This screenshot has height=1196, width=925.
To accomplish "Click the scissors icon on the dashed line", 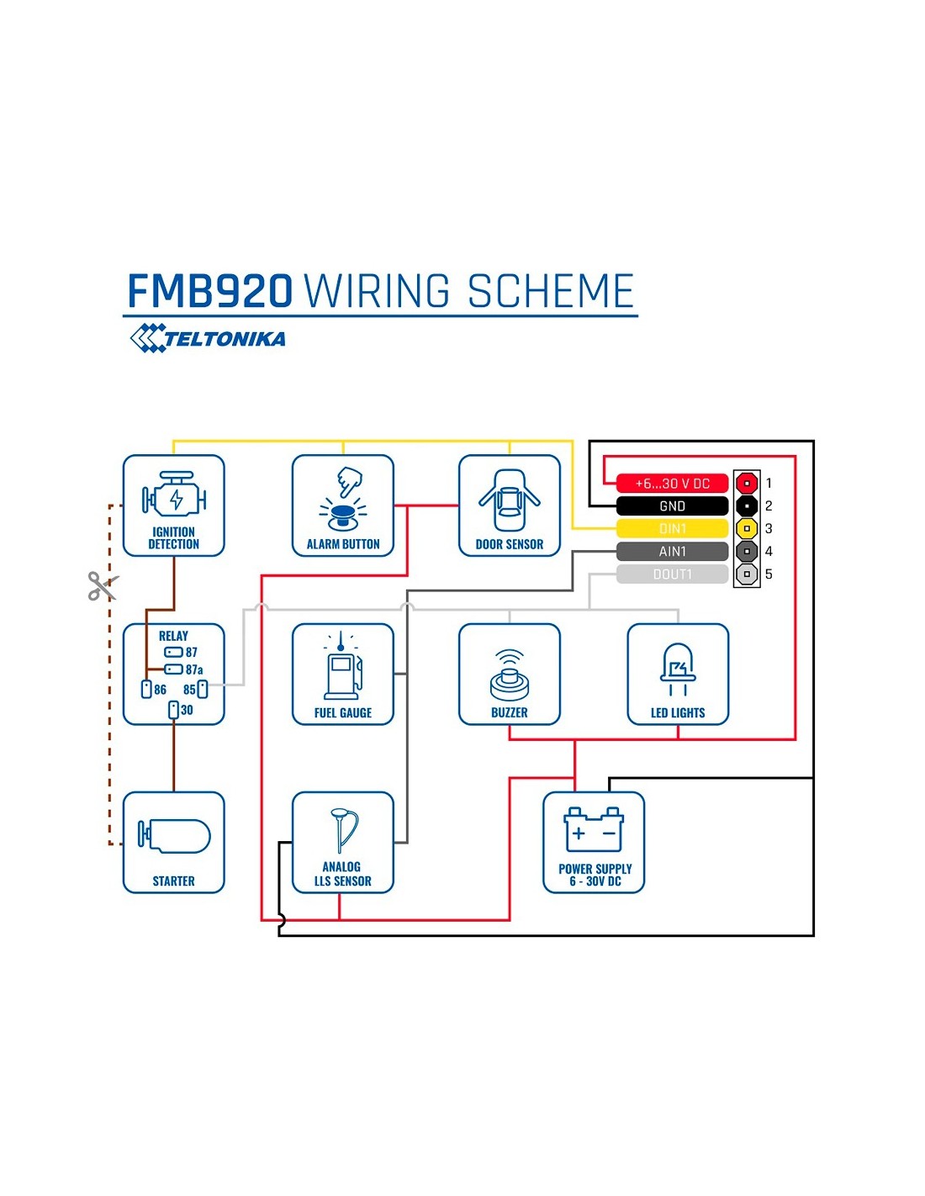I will click(x=103, y=585).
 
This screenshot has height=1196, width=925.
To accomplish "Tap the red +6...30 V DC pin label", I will click(x=672, y=484).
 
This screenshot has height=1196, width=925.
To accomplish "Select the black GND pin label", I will click(x=672, y=506).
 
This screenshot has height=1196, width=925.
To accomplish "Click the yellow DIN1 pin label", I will click(x=672, y=529).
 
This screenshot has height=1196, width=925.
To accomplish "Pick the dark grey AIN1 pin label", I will click(x=672, y=552).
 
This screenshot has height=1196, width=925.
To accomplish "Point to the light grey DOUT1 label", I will click(x=672, y=574).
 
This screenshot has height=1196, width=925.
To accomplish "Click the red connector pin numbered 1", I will click(x=747, y=484).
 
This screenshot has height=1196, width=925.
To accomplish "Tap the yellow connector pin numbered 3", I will click(x=747, y=529).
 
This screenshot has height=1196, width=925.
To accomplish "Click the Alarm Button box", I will click(x=342, y=505).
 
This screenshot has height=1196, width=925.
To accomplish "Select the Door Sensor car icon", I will click(x=510, y=500).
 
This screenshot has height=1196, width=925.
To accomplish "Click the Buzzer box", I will click(x=510, y=674).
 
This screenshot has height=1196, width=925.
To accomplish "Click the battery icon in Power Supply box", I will click(x=594, y=830).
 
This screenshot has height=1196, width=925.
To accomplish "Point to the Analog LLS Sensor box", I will click(x=342, y=842).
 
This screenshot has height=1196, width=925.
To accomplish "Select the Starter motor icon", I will click(x=175, y=836).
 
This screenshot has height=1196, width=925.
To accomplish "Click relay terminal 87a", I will click(x=173, y=669).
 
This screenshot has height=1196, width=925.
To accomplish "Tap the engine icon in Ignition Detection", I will click(x=174, y=497).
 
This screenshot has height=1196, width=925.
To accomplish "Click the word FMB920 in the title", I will click(x=209, y=292).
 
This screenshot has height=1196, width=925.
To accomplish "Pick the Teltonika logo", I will click(x=208, y=338).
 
